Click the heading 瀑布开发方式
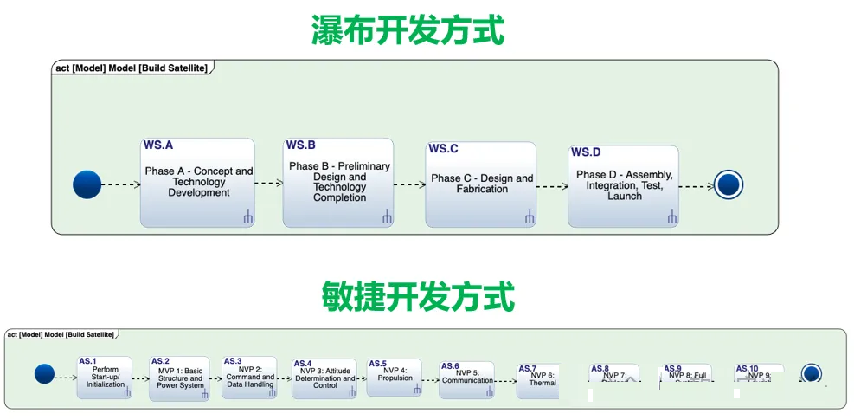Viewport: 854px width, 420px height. (408, 30)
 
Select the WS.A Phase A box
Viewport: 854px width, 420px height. (198, 183)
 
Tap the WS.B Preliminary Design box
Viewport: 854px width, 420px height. (338, 182)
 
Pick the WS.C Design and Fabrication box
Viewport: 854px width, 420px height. (481, 184)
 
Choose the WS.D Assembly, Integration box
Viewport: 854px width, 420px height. (623, 186)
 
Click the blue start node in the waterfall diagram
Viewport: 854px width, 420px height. (87, 184)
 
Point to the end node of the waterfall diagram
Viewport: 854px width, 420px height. (729, 184)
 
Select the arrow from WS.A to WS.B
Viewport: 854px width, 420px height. (269, 184)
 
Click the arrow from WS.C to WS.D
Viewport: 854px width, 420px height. (552, 185)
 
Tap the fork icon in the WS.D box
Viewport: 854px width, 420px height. (671, 218)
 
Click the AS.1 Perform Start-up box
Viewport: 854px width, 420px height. (105, 378)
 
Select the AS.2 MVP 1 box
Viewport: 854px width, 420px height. (179, 378)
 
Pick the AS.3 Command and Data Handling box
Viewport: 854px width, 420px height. (249, 378)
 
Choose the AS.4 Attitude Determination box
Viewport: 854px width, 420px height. (324, 378)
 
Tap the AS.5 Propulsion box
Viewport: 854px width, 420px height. (394, 378)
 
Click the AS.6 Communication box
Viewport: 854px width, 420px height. (466, 379)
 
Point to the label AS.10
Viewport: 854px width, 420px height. (747, 369)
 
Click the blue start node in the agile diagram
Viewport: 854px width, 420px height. (44, 374)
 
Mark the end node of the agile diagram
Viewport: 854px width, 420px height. (811, 374)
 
